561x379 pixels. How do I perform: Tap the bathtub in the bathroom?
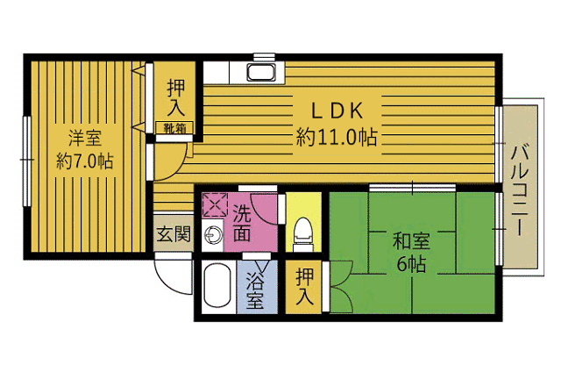pyautogui.click(x=217, y=285)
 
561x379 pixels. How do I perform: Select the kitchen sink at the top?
pyautogui.click(x=261, y=73)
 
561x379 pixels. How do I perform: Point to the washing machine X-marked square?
pyautogui.click(x=215, y=204)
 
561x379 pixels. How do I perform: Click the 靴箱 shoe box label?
pyautogui.click(x=174, y=127)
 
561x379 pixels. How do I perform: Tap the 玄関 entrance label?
pyautogui.click(x=174, y=234)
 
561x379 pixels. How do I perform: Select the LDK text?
pyautogui.click(x=337, y=111)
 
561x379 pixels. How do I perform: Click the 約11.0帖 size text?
pyautogui.click(x=337, y=137)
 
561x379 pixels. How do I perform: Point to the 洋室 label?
pyautogui.click(x=85, y=138)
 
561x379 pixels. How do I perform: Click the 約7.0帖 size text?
pyautogui.click(x=85, y=161)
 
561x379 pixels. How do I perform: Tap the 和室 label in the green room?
pyautogui.click(x=411, y=240)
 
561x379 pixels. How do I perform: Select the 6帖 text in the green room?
pyautogui.click(x=411, y=264)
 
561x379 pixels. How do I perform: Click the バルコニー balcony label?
pyautogui.click(x=520, y=190)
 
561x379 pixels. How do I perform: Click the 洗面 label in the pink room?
pyautogui.click(x=242, y=223)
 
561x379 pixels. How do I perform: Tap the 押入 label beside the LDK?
pyautogui.click(x=175, y=97)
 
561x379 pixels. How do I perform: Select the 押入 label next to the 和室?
pyautogui.click(x=304, y=286)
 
